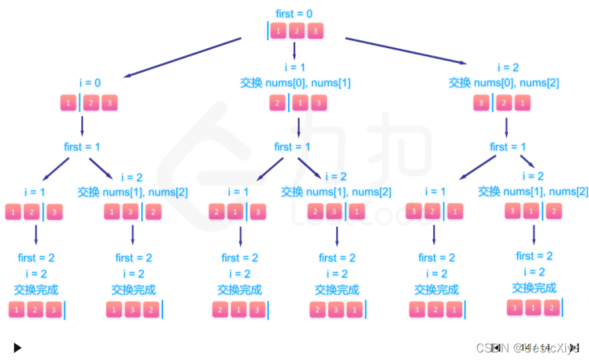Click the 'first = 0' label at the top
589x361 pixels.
point(294,13)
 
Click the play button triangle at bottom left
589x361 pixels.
point(18,347)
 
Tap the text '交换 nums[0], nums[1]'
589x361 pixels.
point(295,83)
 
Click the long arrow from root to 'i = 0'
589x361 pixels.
point(182,57)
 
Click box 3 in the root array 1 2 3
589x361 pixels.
point(316,31)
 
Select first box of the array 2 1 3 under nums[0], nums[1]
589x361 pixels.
point(278,104)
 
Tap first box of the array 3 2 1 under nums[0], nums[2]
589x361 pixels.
point(482,104)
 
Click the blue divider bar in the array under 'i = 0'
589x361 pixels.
point(80,104)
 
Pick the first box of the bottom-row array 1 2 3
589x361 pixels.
point(18,310)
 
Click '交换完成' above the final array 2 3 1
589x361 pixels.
point(337,290)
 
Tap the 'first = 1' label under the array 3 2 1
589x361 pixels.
point(508,147)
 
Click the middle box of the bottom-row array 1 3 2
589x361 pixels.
point(133,310)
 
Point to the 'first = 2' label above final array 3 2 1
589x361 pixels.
point(436,257)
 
